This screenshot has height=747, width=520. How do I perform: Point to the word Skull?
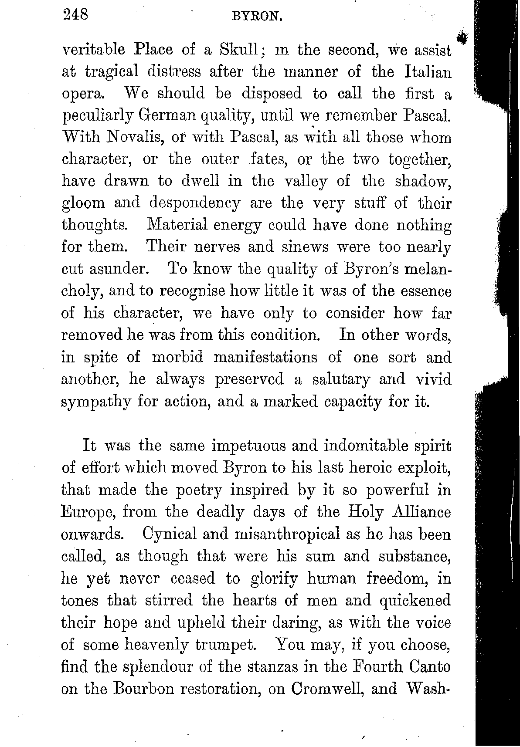(239, 50)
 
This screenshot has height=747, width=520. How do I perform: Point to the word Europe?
(88, 512)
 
